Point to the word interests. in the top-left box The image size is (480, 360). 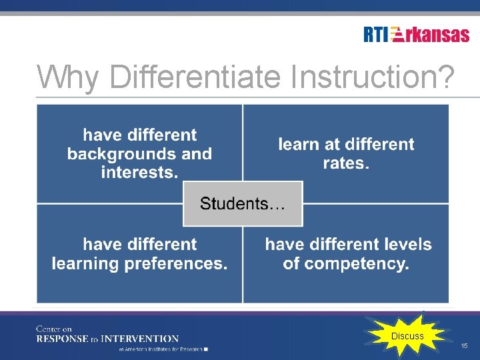pyautogui.click(x=139, y=173)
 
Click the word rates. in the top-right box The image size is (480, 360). pyautogui.click(x=346, y=163)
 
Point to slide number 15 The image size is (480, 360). pyautogui.click(x=464, y=346)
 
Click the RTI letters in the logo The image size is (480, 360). pyautogui.click(x=375, y=35)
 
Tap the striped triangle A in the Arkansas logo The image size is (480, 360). pyautogui.click(x=397, y=35)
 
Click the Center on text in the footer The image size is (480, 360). pyautogui.click(x=54, y=329)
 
